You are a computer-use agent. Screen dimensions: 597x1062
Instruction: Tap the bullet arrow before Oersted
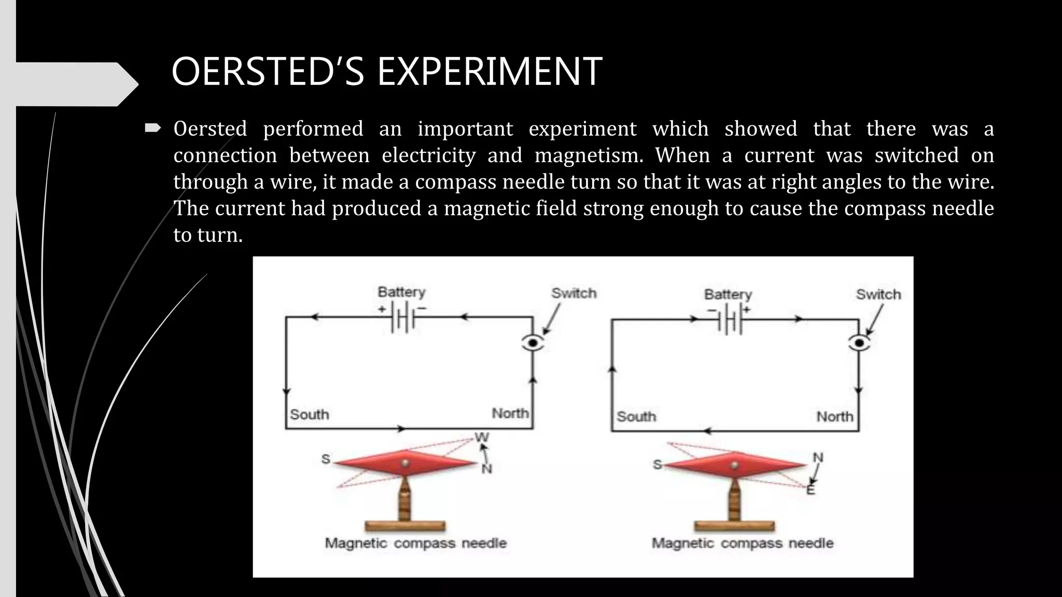click(x=153, y=128)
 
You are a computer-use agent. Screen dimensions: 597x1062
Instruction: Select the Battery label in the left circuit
click(x=401, y=292)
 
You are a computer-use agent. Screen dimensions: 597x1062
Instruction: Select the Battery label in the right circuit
click(x=728, y=294)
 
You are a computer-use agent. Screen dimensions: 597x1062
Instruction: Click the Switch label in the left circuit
click(x=574, y=293)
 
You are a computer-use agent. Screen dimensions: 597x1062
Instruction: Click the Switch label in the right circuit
click(x=878, y=294)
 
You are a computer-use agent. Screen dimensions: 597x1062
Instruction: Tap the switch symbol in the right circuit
click(x=859, y=343)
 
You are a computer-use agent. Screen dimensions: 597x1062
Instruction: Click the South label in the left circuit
click(x=309, y=414)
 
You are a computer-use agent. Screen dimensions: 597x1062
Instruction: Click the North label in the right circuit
click(x=834, y=416)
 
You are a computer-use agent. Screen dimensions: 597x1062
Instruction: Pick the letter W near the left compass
click(x=482, y=437)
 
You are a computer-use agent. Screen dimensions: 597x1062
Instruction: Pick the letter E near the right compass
click(x=811, y=490)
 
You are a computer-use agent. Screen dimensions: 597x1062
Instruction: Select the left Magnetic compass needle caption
click(x=415, y=543)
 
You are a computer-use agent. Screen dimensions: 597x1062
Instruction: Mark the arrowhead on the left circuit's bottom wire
click(x=400, y=429)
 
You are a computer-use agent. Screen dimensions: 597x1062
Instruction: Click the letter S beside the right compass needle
click(x=657, y=464)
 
